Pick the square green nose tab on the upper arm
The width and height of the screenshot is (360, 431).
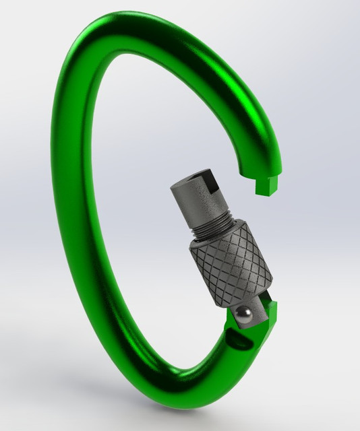(x=268, y=185)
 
